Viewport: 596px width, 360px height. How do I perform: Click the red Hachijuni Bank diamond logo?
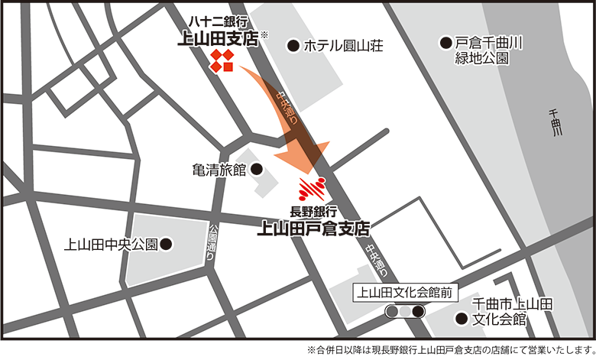222,61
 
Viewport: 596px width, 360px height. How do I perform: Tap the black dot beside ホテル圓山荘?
293,46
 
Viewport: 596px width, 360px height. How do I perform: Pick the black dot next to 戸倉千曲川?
445,42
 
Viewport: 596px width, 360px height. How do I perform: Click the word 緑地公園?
481,58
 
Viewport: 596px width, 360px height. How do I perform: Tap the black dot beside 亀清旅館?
257,169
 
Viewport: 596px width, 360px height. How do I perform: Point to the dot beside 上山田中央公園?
167,245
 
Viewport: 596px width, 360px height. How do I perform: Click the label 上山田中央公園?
112,245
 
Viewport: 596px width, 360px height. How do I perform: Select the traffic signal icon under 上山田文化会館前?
405,311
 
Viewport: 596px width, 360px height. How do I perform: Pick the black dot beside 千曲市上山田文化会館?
461,319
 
